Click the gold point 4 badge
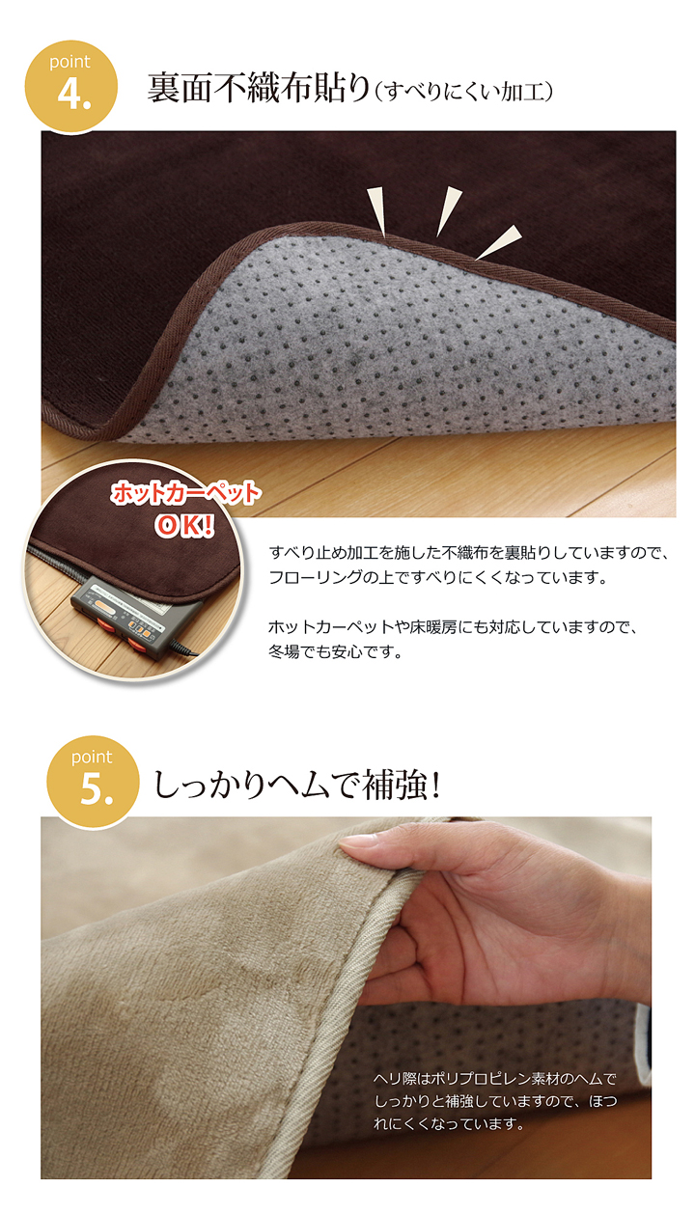click(71, 86)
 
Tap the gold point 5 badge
click(93, 781)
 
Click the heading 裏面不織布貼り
click(259, 88)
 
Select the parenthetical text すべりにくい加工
click(464, 92)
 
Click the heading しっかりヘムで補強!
click(296, 785)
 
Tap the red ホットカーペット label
click(186, 494)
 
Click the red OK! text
click(184, 525)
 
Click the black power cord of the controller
click(183, 648)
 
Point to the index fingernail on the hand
click(353, 842)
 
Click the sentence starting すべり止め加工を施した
click(469, 553)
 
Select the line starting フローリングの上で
click(438, 577)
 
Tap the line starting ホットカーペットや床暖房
click(453, 627)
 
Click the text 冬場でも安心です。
click(336, 651)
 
